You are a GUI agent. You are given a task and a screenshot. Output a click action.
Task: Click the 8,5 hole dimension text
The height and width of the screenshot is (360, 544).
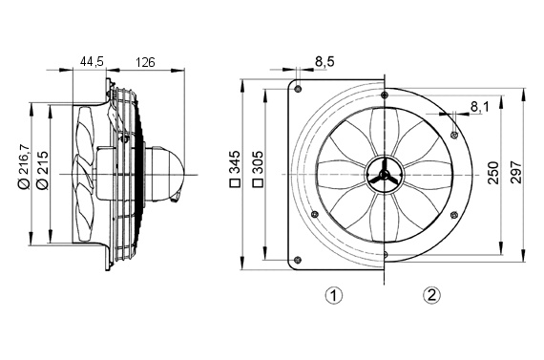coord(324,63)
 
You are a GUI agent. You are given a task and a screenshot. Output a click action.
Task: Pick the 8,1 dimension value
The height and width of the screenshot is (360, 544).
coord(478,107)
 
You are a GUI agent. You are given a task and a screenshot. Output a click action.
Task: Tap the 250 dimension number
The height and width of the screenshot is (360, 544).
coord(493,173)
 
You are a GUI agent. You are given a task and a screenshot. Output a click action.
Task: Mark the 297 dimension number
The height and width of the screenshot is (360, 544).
coord(515,173)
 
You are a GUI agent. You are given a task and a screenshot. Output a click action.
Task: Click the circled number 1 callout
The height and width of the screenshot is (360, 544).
coord(334,295)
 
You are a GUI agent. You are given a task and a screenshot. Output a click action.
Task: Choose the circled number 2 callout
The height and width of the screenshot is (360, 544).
coord(431,295)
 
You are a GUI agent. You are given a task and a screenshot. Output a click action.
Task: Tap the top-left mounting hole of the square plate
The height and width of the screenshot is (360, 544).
coord(299,90)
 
